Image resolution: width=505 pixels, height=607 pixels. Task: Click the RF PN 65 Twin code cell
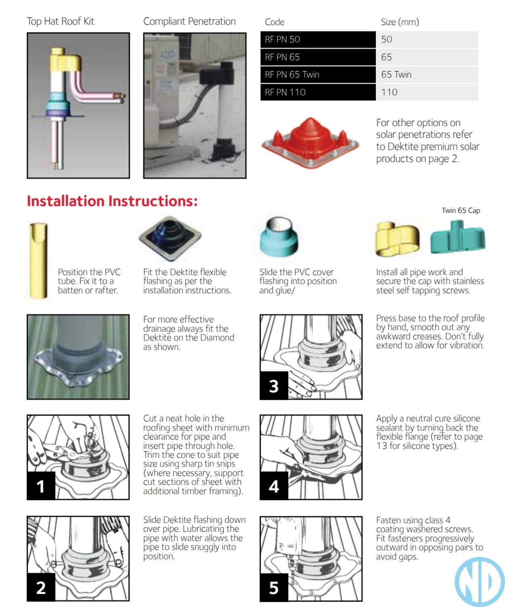(318, 75)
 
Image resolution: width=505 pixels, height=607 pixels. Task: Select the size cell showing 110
(427, 92)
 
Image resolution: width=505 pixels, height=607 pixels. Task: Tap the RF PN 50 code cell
(318, 40)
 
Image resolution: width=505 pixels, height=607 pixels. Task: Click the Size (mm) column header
(400, 22)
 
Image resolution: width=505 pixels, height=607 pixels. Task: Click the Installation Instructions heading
(112, 201)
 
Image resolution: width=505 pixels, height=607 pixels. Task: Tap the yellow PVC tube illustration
(38, 260)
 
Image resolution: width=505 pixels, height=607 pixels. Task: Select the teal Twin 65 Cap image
(458, 237)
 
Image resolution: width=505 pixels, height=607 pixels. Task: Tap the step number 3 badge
(274, 386)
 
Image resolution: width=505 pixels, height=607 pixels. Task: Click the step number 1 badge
(41, 486)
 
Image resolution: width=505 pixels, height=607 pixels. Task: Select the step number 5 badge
(274, 588)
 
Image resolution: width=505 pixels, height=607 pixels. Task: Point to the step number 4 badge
(274, 486)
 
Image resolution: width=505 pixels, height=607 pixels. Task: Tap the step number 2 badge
(41, 587)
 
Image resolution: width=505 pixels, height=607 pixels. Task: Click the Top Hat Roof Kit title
(61, 21)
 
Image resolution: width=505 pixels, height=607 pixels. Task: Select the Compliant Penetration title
(189, 21)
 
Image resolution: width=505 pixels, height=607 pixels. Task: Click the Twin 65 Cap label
(461, 210)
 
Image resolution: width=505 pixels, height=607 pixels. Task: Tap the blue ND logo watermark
(479, 582)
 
